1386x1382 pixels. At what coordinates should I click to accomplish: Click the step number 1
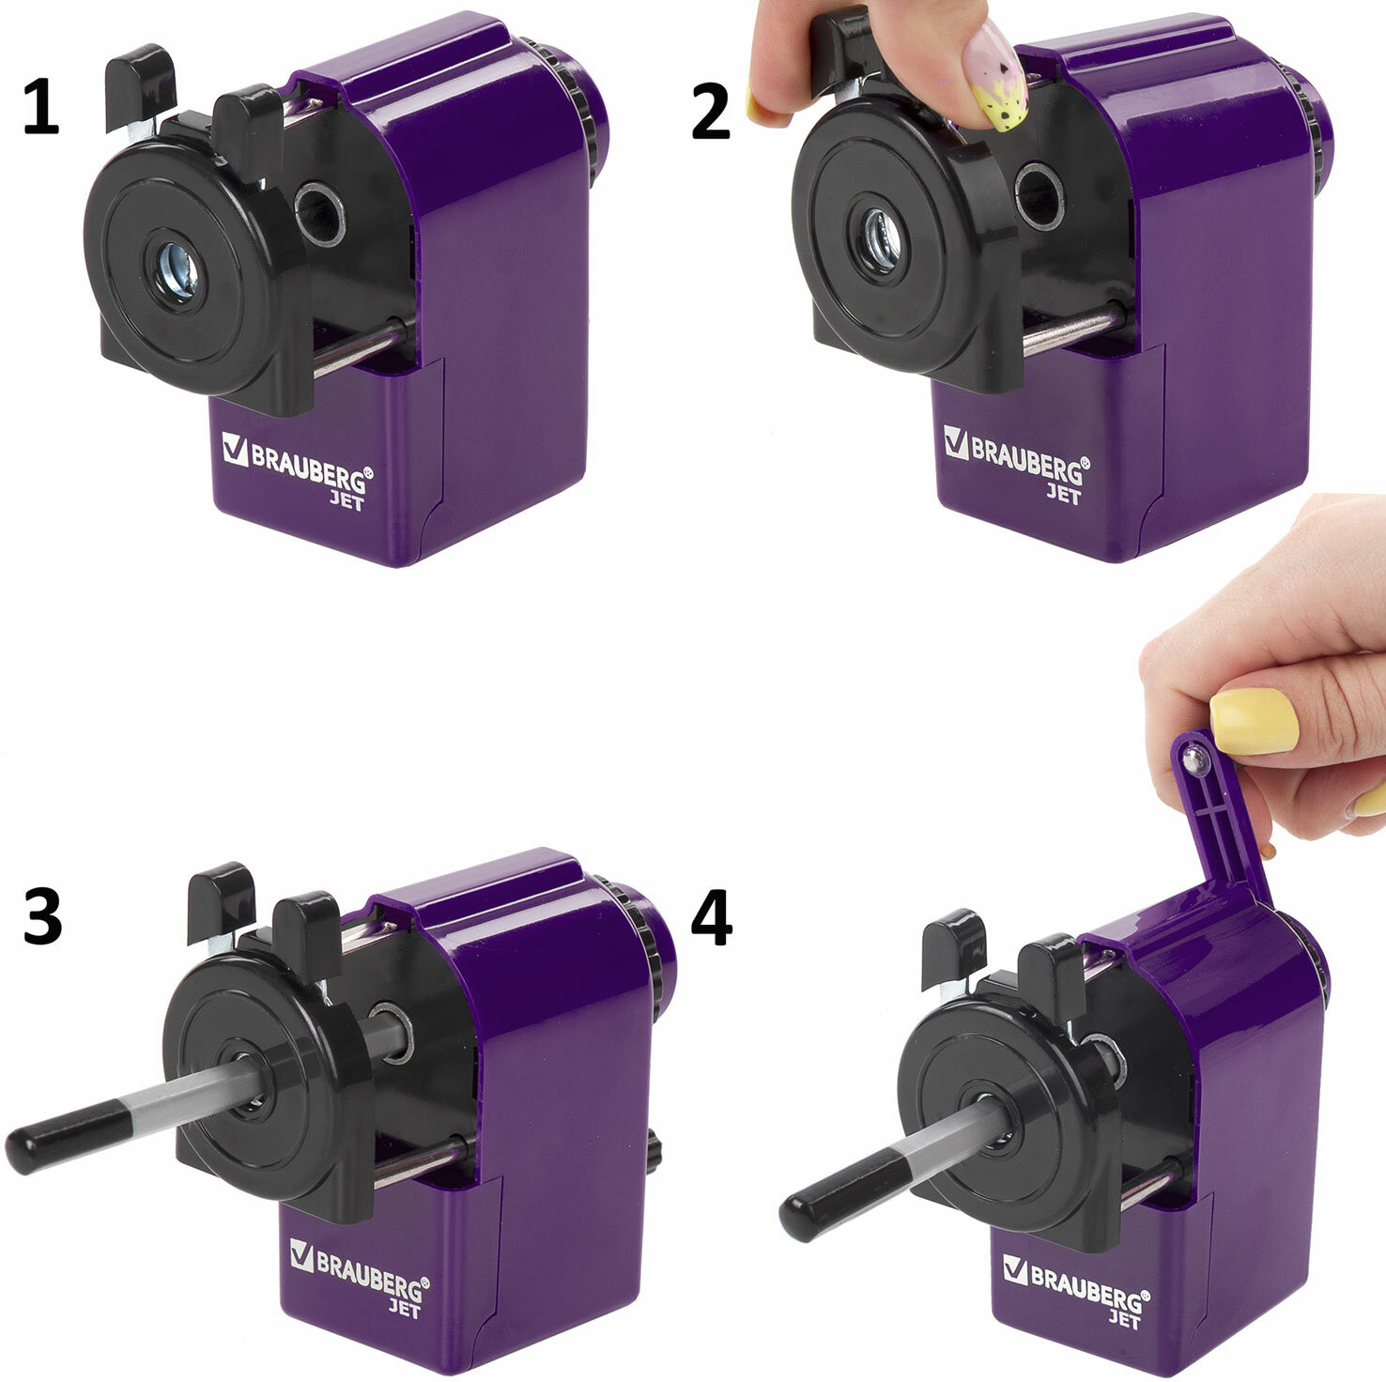[x=39, y=108]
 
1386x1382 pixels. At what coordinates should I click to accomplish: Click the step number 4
[x=711, y=917]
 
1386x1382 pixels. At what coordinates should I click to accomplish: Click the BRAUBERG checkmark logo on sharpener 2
[x=956, y=442]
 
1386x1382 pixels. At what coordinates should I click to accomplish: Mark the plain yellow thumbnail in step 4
[x=1255, y=721]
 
